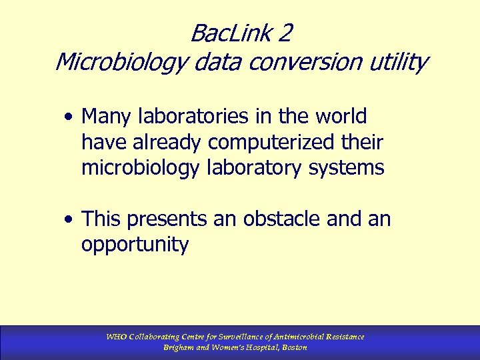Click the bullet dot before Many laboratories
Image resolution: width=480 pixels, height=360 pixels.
click(69, 118)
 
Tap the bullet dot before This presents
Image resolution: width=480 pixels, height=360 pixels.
click(69, 219)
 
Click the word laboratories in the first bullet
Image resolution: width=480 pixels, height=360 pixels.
click(191, 117)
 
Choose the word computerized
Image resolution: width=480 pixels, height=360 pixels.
click(264, 142)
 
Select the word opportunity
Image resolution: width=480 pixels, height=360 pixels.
click(135, 245)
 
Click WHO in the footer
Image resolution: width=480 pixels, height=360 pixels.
click(116, 337)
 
